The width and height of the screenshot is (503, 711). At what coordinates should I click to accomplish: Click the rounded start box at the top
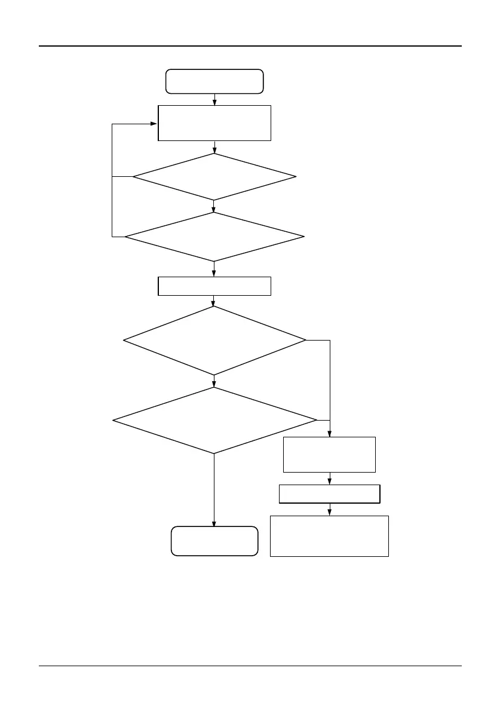214,81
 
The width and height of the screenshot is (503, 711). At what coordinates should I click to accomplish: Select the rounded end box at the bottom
214,541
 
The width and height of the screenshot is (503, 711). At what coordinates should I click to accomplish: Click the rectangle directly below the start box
214,123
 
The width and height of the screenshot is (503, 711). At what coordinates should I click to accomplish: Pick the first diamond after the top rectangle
214,177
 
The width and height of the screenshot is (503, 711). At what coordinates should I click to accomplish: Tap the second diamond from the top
214,237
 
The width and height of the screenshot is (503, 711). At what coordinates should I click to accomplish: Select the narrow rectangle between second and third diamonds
214,286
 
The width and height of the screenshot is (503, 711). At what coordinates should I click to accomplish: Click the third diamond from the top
214,341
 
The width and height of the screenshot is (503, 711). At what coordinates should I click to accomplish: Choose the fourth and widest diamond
214,420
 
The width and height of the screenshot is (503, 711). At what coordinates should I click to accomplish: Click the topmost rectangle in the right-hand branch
329,455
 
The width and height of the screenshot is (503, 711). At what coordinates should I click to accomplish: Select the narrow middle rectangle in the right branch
329,494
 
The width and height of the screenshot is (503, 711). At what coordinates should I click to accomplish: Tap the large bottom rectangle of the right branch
329,536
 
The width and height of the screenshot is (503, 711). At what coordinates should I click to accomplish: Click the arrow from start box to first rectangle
214,100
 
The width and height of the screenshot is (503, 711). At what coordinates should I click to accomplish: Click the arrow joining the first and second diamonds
214,206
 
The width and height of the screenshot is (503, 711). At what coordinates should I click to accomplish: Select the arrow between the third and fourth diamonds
214,381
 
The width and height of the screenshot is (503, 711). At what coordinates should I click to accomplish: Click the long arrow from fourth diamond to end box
214,490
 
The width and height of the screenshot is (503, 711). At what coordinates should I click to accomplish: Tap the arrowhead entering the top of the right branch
330,433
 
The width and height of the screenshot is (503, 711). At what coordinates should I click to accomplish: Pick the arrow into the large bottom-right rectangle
330,510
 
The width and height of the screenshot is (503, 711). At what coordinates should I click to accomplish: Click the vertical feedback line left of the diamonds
112,179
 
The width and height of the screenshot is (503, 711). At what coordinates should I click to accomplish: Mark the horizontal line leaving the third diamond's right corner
317,341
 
